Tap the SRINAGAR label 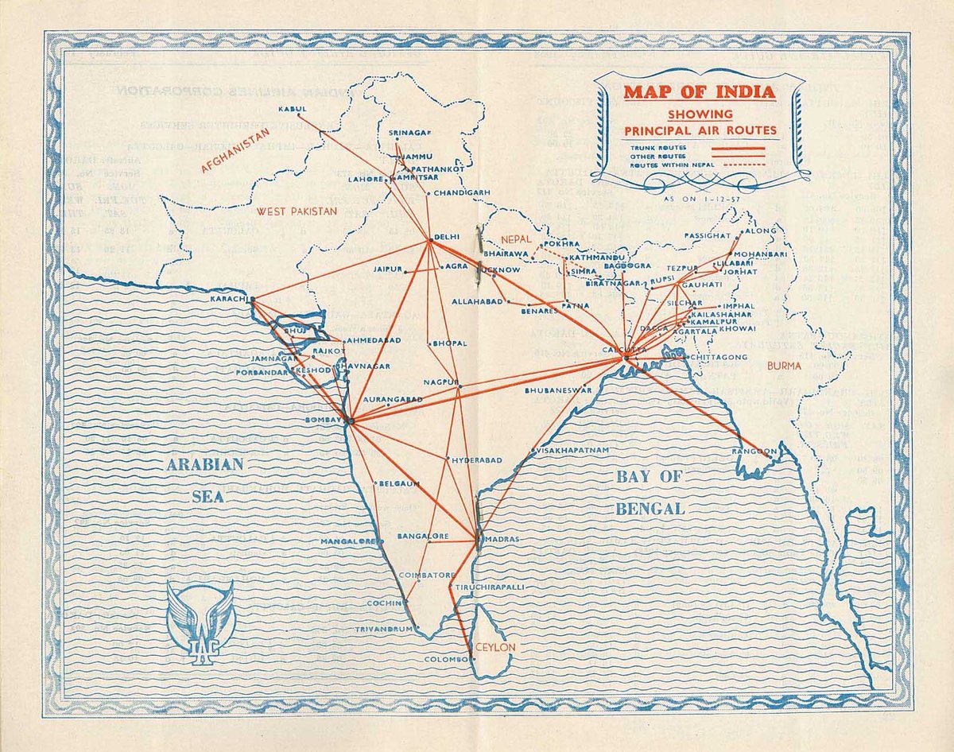tap(410, 132)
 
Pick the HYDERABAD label tap(477, 460)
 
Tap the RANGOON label tap(755, 452)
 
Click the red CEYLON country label tap(495, 647)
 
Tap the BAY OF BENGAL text tap(650, 493)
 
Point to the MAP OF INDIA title tap(699, 91)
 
